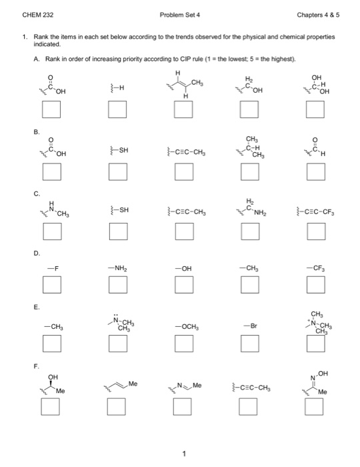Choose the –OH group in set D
[x=184, y=268]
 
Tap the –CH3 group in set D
[x=249, y=268]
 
